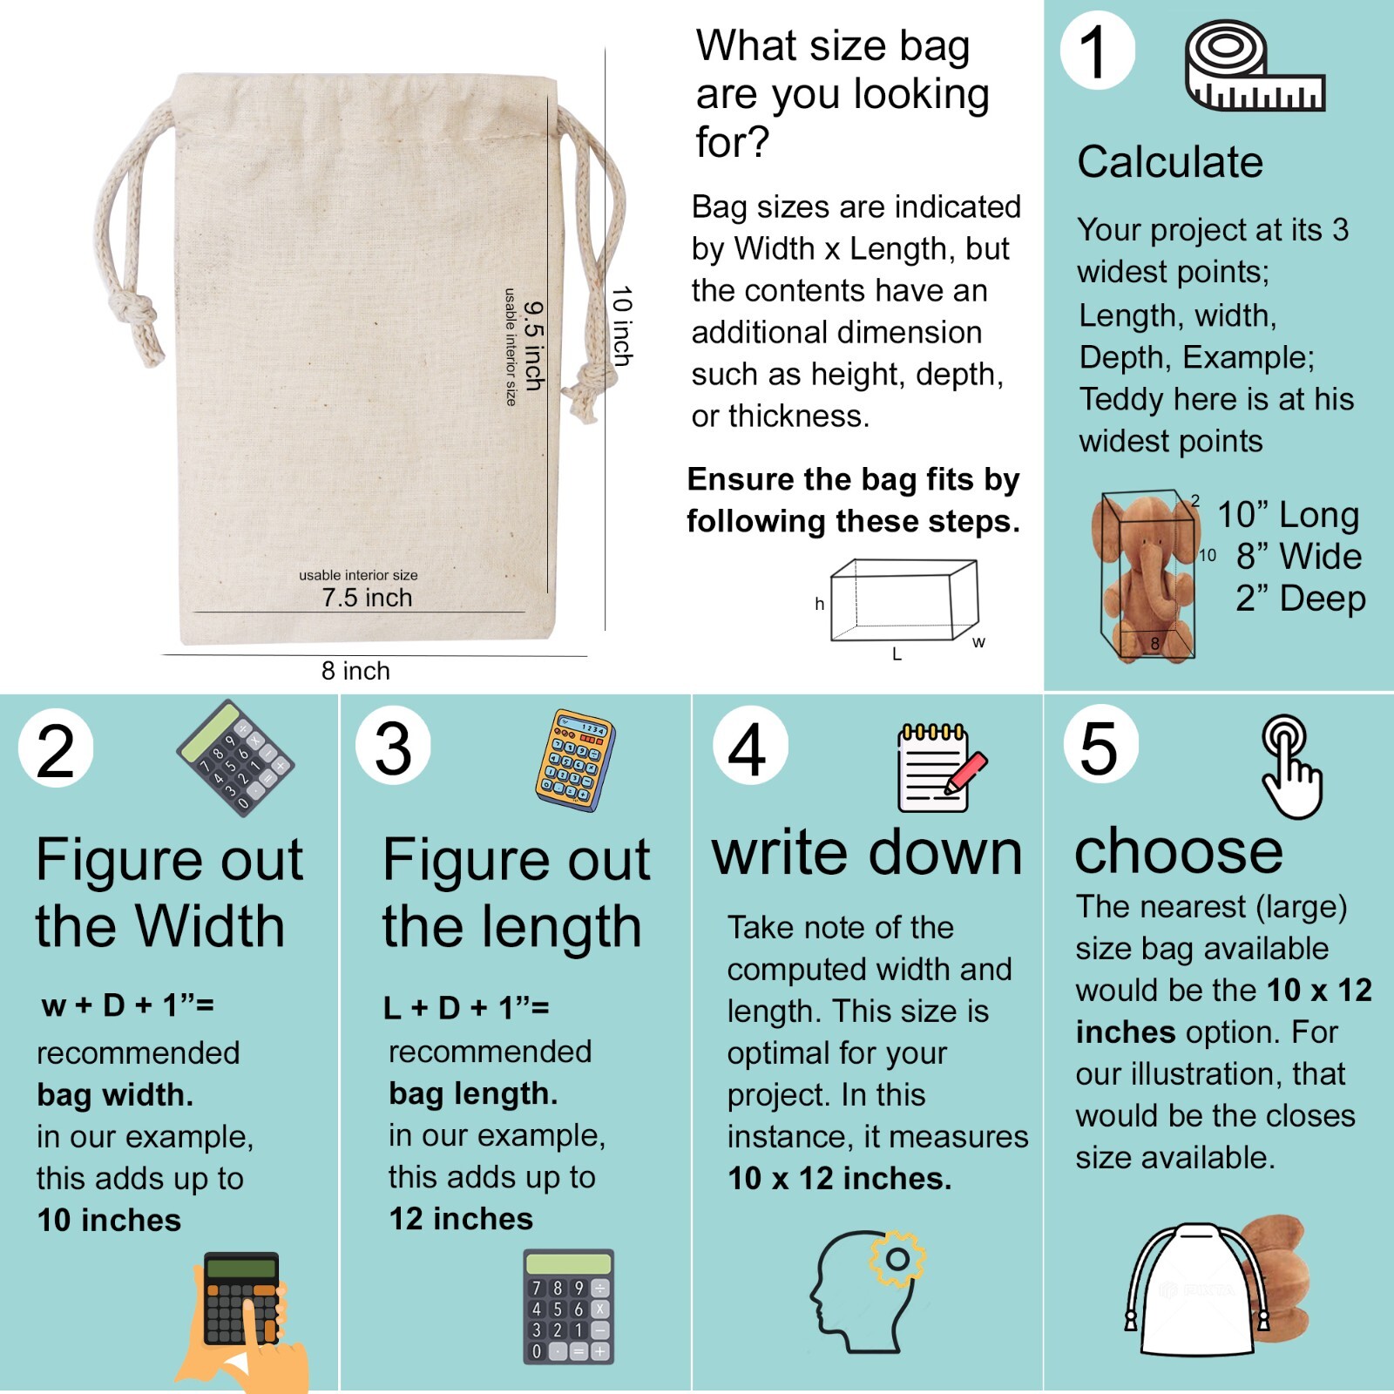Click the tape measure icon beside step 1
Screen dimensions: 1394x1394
(1254, 68)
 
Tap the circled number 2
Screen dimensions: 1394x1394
(56, 750)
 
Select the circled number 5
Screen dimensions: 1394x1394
(1100, 747)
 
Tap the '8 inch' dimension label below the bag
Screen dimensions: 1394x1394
(355, 671)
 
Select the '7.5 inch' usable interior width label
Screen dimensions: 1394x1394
(367, 598)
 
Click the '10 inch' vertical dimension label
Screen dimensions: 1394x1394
(621, 326)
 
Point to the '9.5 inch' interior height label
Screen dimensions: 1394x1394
(534, 346)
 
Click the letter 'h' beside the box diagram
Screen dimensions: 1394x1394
(819, 604)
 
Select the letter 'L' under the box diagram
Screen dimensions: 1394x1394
(897, 654)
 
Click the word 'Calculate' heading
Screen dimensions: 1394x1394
(1170, 162)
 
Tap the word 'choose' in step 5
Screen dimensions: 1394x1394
(1178, 851)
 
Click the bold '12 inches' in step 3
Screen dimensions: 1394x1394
(461, 1219)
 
